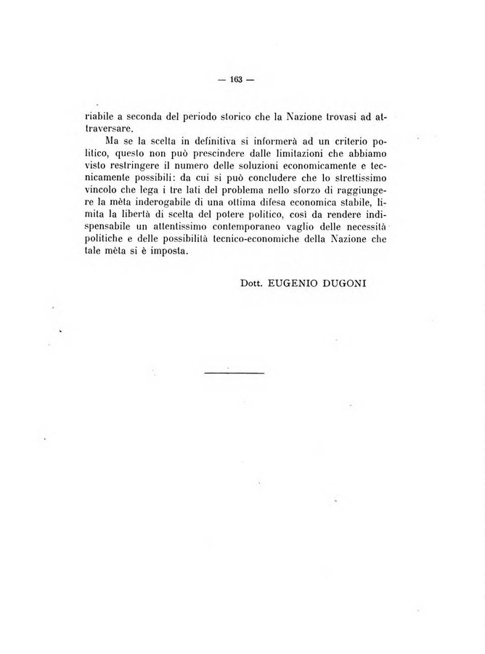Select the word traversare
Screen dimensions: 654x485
(x=107, y=128)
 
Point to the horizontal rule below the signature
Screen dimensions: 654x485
(x=235, y=373)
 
